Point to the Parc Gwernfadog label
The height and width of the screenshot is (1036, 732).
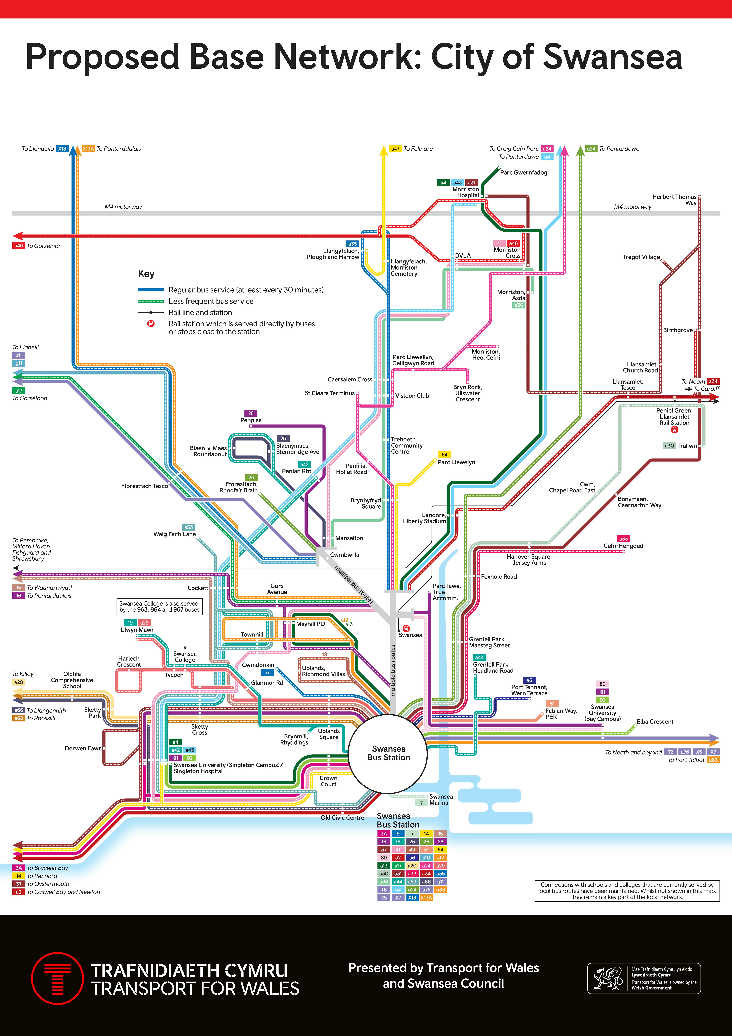[524, 172]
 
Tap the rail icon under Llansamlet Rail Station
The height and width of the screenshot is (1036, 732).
[675, 430]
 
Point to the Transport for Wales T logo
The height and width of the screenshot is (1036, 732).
[57, 978]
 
